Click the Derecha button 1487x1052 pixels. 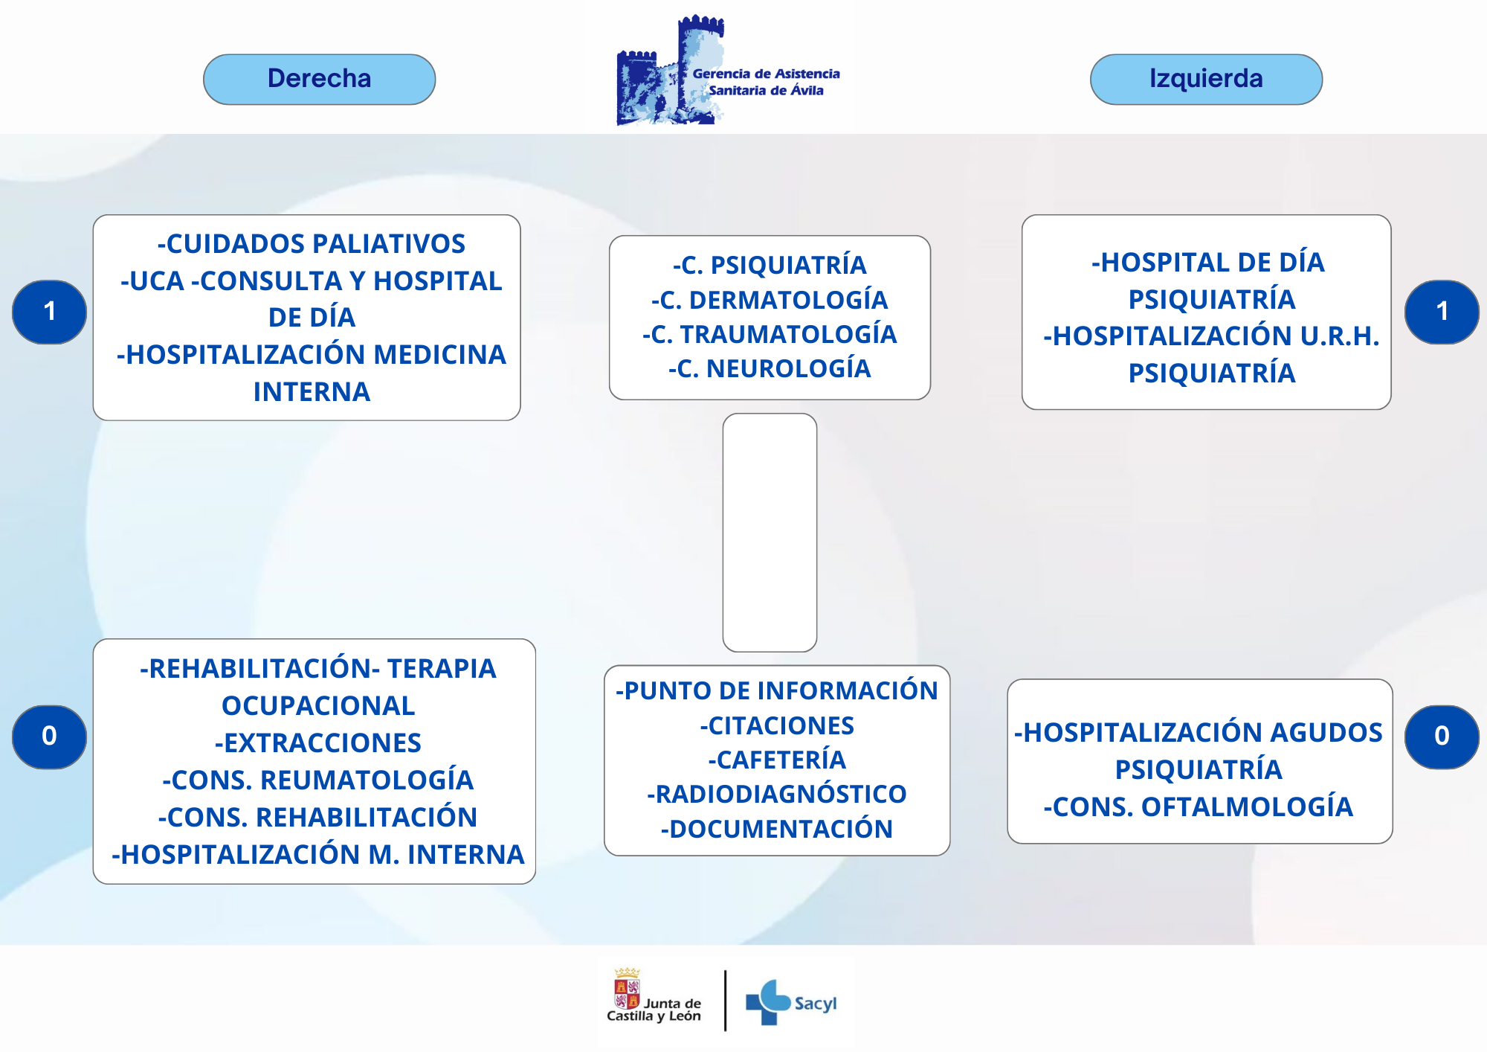coord(319,79)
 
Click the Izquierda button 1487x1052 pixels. coord(1206,79)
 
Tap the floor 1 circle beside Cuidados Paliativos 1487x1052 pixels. coord(49,312)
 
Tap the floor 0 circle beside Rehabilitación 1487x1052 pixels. coord(49,737)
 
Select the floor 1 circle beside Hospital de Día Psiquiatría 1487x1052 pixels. coord(1442,312)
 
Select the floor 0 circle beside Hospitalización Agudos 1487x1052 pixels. coord(1442,737)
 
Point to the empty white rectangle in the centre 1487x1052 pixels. coord(770,533)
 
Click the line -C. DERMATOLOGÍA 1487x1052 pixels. coord(770,300)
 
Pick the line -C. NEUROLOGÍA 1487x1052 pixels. coord(770,368)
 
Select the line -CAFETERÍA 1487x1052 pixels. coord(777,760)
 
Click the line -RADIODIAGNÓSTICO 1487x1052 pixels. coord(777,794)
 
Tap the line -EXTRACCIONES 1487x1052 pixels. coord(317,743)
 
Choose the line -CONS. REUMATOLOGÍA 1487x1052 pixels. coord(317,780)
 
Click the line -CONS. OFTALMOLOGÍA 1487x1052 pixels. coord(1199,806)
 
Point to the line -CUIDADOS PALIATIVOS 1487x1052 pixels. coord(311,243)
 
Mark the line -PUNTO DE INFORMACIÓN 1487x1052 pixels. coord(777,690)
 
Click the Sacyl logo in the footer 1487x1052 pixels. coord(791,1002)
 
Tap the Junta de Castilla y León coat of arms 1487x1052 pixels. coord(627,988)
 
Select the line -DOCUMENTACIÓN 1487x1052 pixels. coord(777,829)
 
